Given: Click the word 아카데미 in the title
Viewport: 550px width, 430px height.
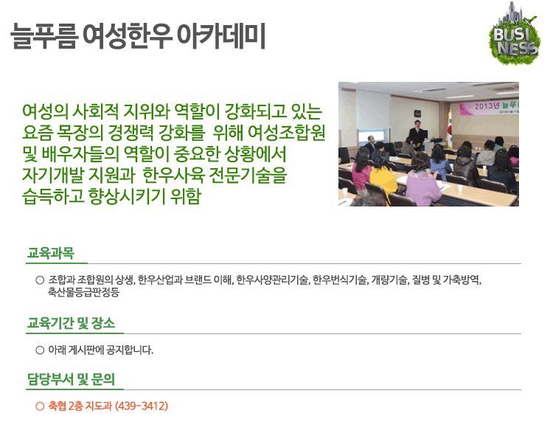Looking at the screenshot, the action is pyautogui.click(x=220, y=36).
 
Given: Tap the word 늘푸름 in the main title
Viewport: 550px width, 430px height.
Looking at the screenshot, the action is pyautogui.click(x=43, y=36).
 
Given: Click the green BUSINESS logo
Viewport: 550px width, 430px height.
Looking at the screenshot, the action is pyautogui.click(x=514, y=34).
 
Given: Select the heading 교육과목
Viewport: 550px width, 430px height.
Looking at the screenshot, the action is pyautogui.click(x=51, y=253).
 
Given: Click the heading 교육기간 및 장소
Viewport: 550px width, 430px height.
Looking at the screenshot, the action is pyautogui.click(x=72, y=323).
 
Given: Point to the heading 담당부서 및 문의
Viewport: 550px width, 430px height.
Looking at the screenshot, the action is pyautogui.click(x=72, y=379).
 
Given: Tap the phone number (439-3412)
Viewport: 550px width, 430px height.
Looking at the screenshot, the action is pyautogui.click(x=142, y=406).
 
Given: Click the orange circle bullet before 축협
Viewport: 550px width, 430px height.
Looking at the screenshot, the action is pyautogui.click(x=40, y=406).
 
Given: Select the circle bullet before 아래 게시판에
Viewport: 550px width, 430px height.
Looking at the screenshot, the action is pyautogui.click(x=40, y=350).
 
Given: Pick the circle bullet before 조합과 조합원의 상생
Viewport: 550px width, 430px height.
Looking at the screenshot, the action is pyautogui.click(x=40, y=280).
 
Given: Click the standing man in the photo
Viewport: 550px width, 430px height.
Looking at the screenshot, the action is pyautogui.click(x=417, y=135).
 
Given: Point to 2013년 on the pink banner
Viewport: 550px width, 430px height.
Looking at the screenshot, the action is pyautogui.click(x=487, y=105).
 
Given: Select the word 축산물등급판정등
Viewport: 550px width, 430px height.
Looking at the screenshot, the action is pyautogui.click(x=84, y=291).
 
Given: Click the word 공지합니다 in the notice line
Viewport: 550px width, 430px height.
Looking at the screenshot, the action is pyautogui.click(x=130, y=350).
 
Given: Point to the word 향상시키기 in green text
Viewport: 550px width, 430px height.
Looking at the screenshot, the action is pyautogui.click(x=127, y=196).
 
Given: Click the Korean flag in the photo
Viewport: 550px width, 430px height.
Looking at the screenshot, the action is pyautogui.click(x=449, y=128).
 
